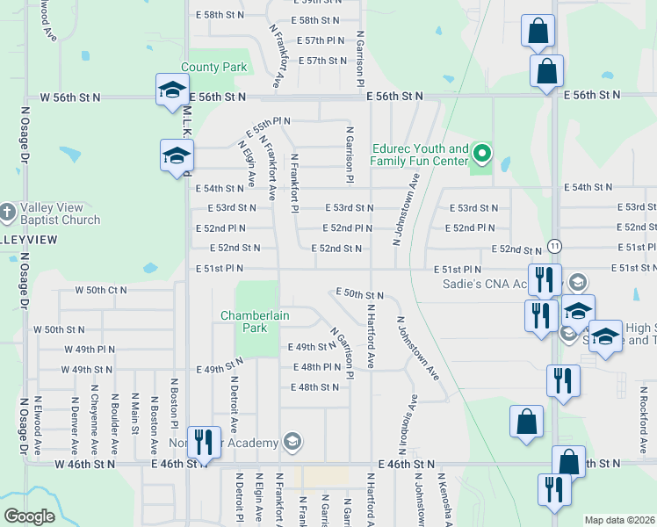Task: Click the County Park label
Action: click(x=215, y=67)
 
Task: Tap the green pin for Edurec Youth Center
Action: click(x=481, y=155)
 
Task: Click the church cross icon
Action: click(x=7, y=212)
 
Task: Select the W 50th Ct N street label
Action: click(x=101, y=289)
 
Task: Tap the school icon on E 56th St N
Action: click(x=171, y=90)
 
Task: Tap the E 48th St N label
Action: click(x=315, y=386)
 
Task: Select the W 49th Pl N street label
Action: click(x=90, y=349)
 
